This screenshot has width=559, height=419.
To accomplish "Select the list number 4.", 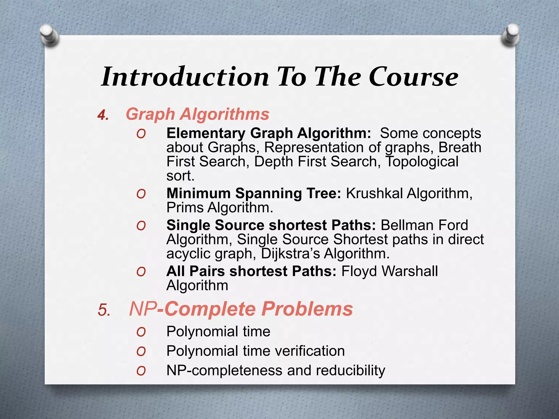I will [103, 115].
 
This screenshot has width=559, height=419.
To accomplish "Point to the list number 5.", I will [104, 310].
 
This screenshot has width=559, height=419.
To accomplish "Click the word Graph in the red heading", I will [150, 114].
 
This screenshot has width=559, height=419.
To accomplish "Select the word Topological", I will [422, 161].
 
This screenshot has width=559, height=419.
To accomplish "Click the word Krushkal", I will [374, 193].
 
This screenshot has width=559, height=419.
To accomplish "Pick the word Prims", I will [185, 208].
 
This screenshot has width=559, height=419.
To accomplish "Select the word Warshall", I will [410, 271].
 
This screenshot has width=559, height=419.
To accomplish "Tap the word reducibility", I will [350, 370].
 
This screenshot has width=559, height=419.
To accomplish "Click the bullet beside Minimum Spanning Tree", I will [141, 194].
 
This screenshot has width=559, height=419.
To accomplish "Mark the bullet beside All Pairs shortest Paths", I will [141, 272].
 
